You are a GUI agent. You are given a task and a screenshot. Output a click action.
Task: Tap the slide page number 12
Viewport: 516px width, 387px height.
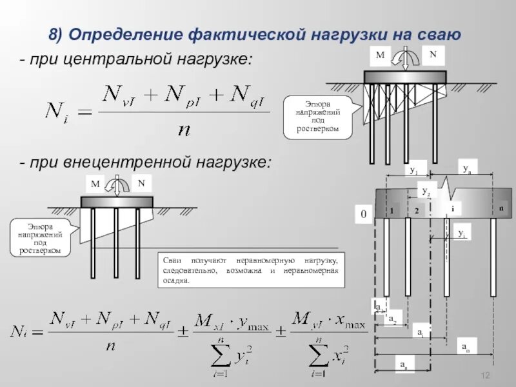pyautogui.click(x=487, y=376)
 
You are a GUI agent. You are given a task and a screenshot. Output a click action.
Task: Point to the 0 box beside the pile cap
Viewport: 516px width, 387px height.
pyautogui.click(x=363, y=213)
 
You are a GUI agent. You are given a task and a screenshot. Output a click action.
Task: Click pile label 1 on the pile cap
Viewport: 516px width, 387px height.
pyautogui.click(x=392, y=211)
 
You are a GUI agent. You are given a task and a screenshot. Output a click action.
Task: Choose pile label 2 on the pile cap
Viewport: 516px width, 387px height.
pyautogui.click(x=417, y=211)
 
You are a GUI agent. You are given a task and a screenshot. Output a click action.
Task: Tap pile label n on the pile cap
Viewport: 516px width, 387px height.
pyautogui.click(x=501, y=210)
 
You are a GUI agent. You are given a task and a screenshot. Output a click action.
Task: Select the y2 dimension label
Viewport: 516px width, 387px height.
pyautogui.click(x=426, y=190)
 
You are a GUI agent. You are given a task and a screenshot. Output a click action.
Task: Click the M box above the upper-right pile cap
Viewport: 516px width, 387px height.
pyautogui.click(x=381, y=56)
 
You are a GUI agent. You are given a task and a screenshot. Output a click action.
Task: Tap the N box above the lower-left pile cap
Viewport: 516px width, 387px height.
pyautogui.click(x=141, y=183)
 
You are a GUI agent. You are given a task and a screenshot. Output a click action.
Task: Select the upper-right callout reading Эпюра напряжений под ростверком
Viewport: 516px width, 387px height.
pyautogui.click(x=317, y=116)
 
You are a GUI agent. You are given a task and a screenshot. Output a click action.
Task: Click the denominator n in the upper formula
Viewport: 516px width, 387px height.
pyautogui.click(x=184, y=130)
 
